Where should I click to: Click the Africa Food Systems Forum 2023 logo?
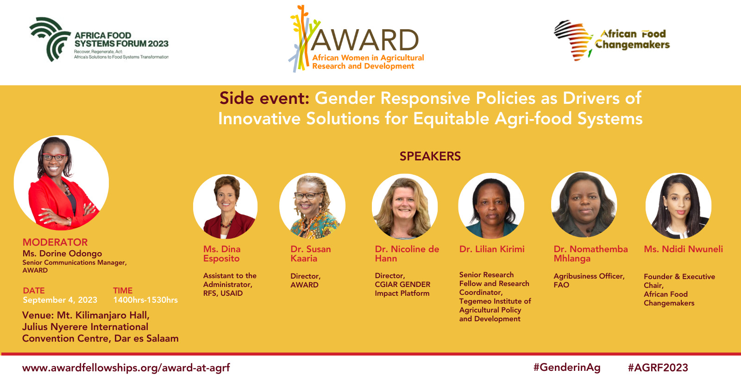pos(99,39)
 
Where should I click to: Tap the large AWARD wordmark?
pos(364,40)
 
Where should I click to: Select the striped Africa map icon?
pos(573,40)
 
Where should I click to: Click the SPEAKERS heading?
pos(430,156)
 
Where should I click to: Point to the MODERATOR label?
pos(55,242)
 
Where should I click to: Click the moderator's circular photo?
pos(61,183)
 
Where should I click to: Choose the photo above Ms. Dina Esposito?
pos(225,206)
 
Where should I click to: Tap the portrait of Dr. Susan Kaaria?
pos(312,205)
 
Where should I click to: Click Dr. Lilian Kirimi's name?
pos(491,249)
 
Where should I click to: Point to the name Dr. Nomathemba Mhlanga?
pos(590,254)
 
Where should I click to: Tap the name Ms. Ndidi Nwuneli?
pos(683,249)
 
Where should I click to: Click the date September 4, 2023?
pos(60,300)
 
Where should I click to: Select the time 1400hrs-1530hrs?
pos(145,300)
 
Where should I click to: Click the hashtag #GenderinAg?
pos(567,368)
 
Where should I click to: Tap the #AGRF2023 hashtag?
pos(658,368)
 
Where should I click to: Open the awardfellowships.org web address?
pos(126,368)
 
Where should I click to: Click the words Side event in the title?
pos(264,98)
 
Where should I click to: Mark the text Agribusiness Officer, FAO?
pos(589,280)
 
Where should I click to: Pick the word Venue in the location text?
pos(38,315)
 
